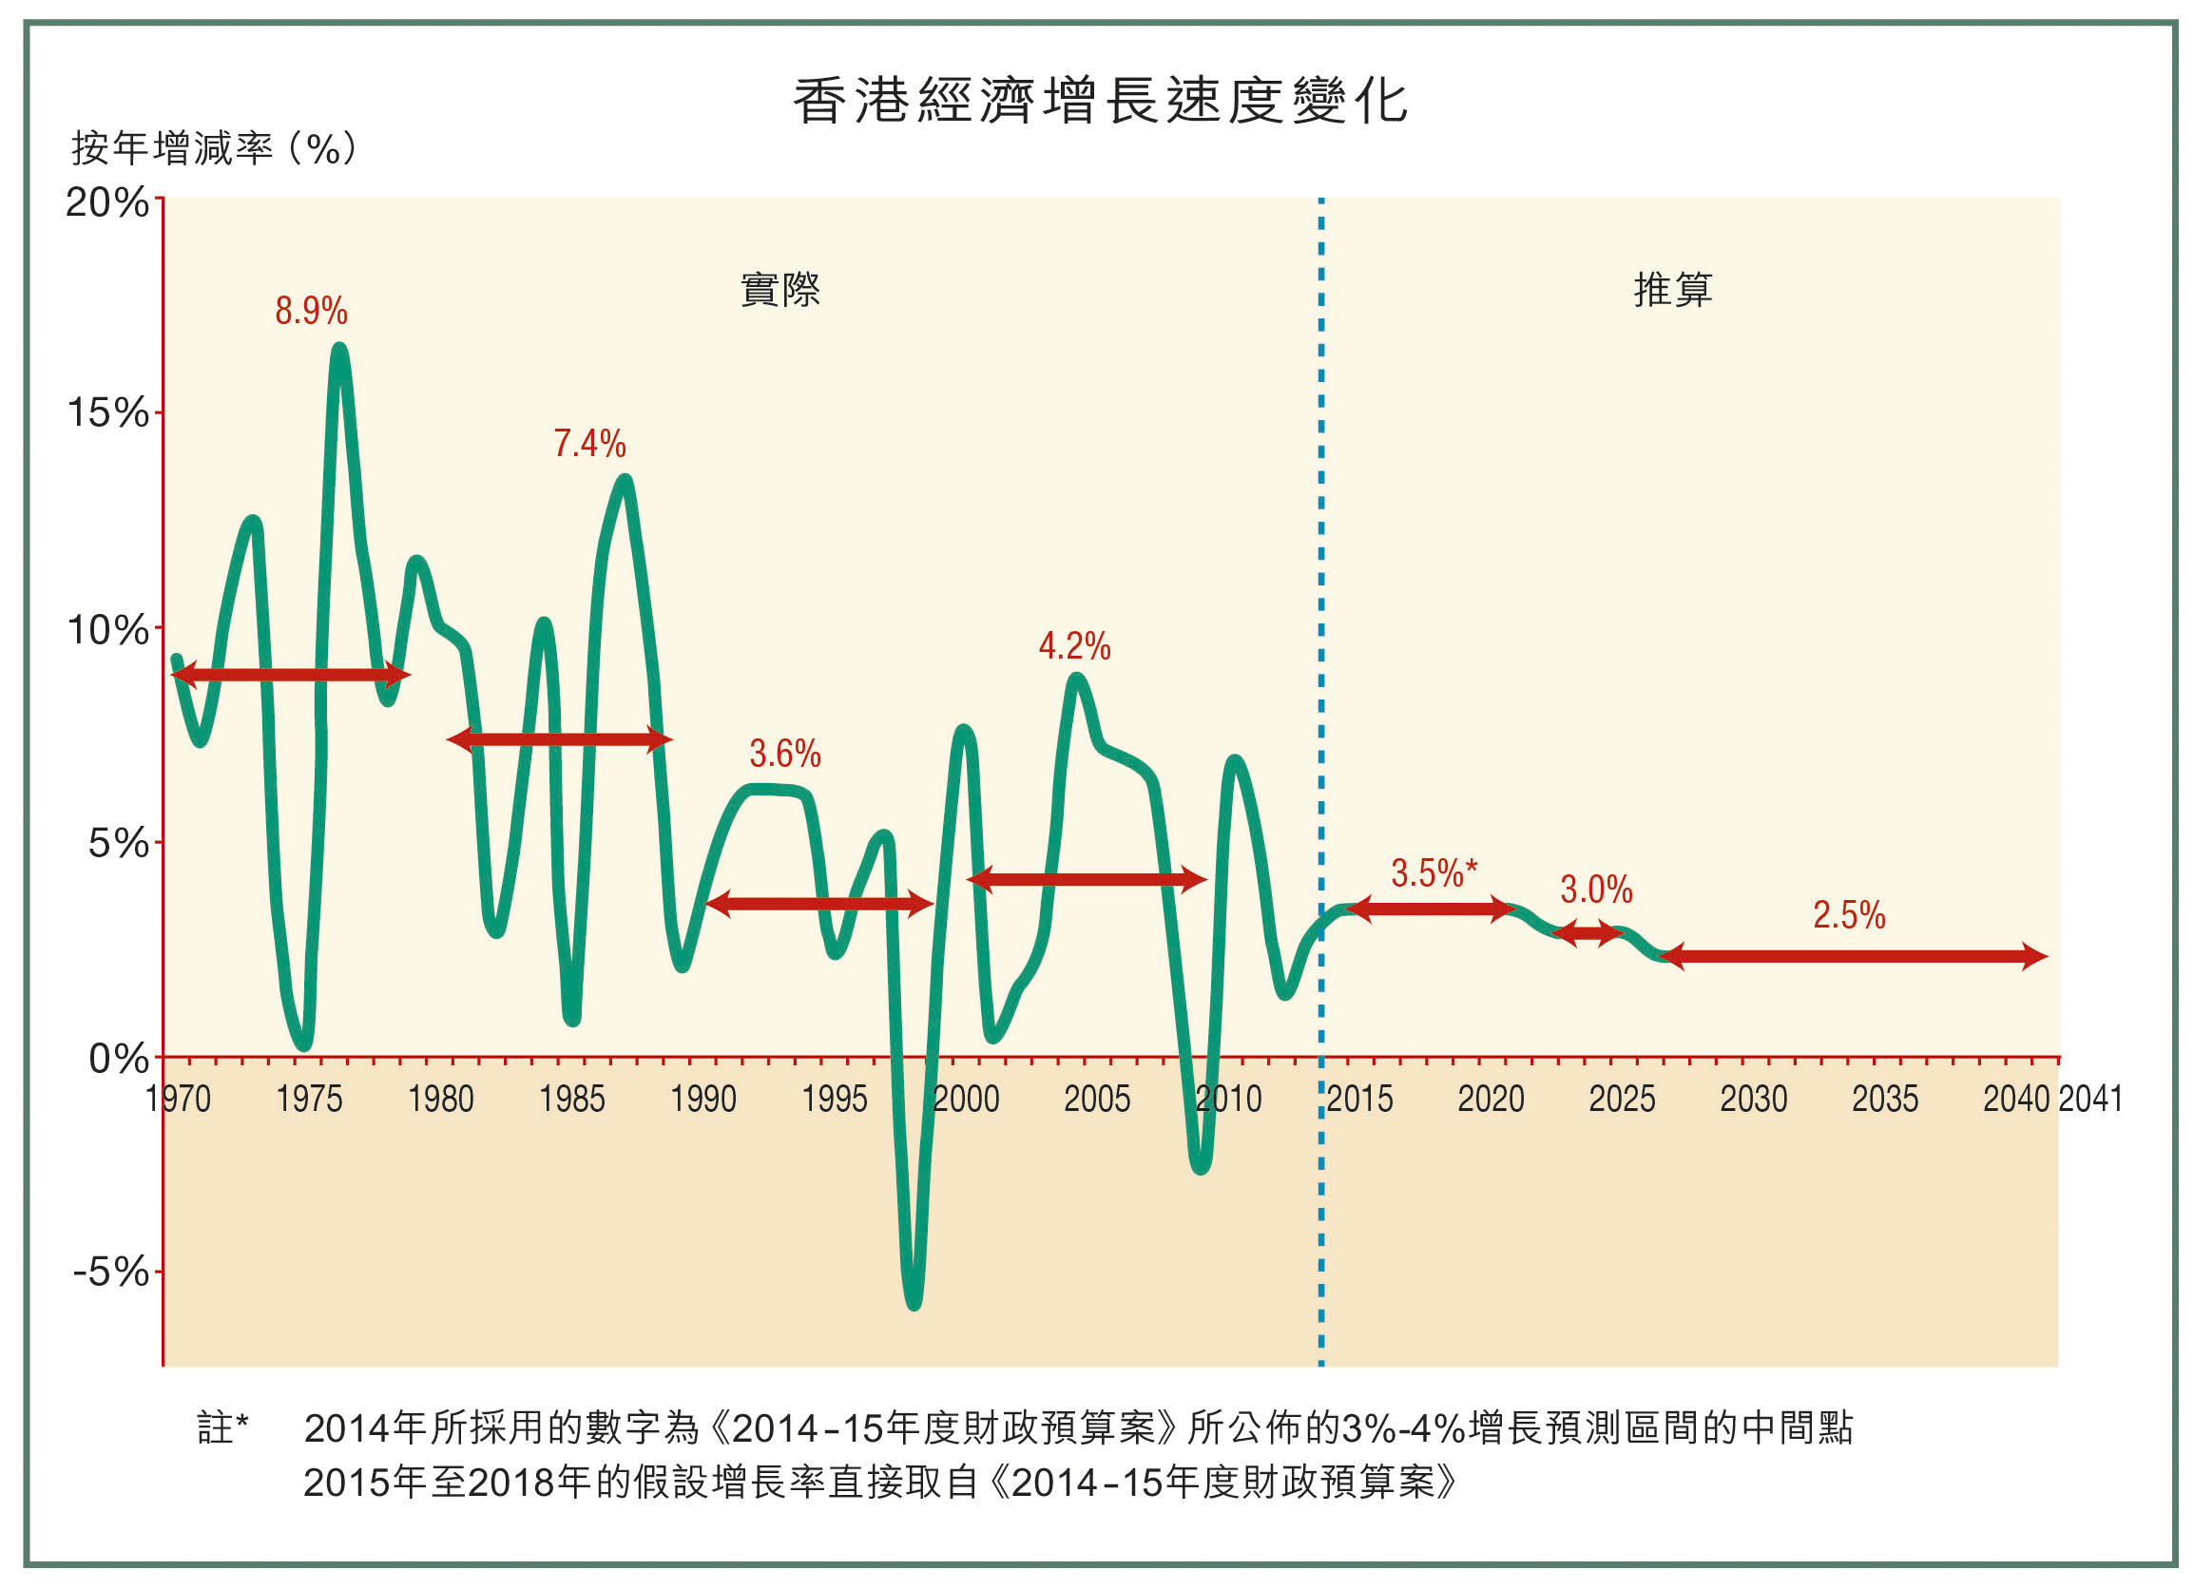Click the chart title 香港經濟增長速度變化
[1099, 102]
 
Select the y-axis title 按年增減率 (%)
[214, 149]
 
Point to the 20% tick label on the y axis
[106, 203]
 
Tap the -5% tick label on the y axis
[110, 1271]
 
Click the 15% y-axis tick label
[107, 414]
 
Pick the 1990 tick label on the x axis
[703, 1100]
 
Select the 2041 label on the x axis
[2089, 1100]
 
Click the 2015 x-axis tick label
[1359, 1100]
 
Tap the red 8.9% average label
[311, 312]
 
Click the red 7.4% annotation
[589, 444]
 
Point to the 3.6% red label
[784, 754]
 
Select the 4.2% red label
[1074, 646]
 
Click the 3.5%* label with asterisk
[1434, 873]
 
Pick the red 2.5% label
[1849, 915]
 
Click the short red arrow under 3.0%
[1588, 933]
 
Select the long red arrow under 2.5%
[1853, 956]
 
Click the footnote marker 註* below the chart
[222, 1428]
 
